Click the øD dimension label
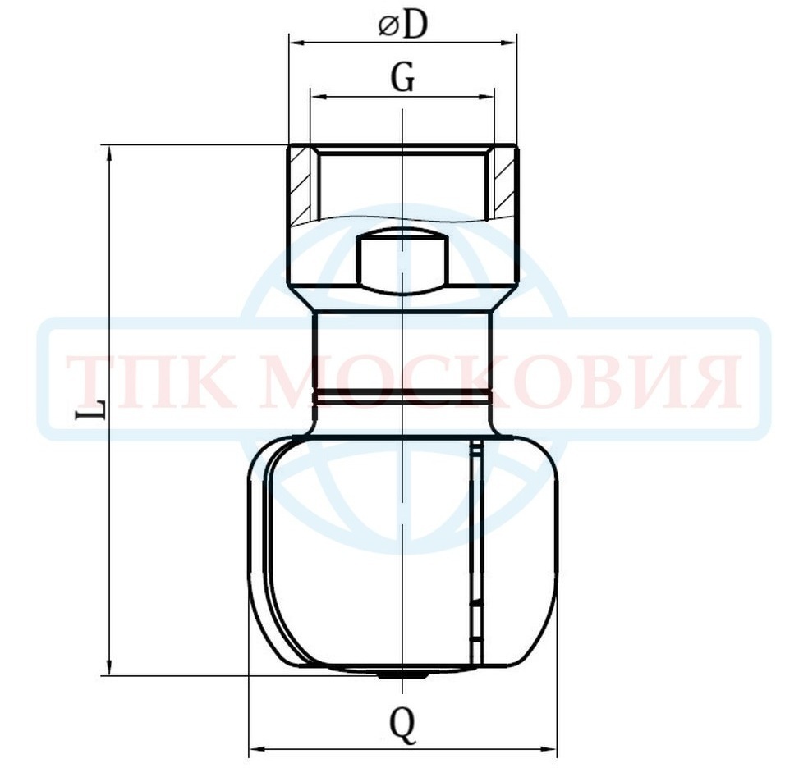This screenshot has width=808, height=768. pyautogui.click(x=403, y=25)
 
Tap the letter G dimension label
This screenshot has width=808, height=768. pyautogui.click(x=402, y=79)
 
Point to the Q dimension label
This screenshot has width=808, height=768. pyautogui.click(x=402, y=725)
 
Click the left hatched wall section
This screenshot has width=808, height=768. pyautogui.click(x=300, y=185)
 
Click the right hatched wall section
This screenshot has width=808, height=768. pyautogui.click(x=505, y=185)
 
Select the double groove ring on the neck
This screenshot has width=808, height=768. pyautogui.click(x=402, y=395)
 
